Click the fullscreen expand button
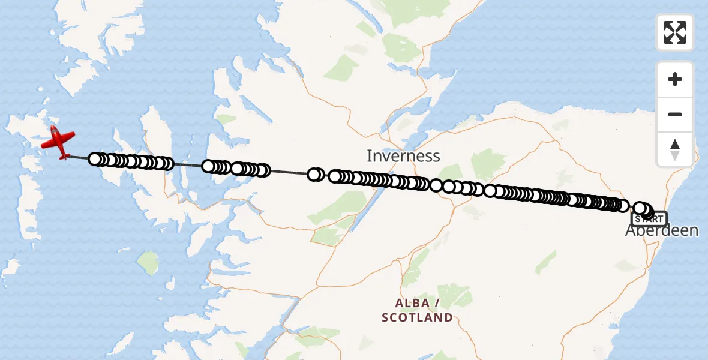(x=675, y=32)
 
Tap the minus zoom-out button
(x=675, y=114)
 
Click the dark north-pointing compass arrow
(x=675, y=144)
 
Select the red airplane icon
(x=58, y=142)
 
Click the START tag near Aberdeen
(x=649, y=219)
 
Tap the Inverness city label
(x=403, y=157)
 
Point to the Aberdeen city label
(x=662, y=230)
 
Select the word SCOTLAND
(x=417, y=317)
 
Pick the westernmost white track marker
(x=95, y=159)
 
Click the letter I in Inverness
(x=370, y=157)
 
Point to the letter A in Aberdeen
(x=631, y=230)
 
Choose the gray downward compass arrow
(x=675, y=155)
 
